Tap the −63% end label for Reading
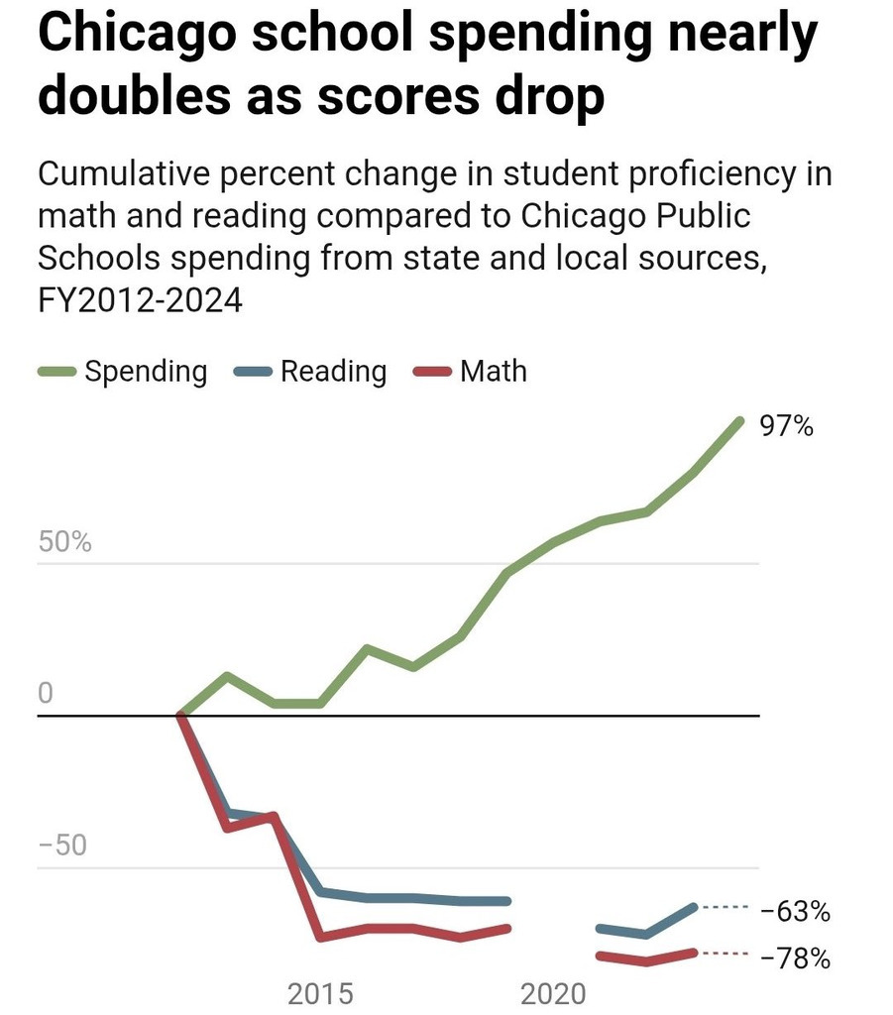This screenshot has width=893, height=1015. [x=795, y=911]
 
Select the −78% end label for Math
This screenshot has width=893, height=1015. [x=795, y=959]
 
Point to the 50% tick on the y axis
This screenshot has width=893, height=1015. [x=63, y=543]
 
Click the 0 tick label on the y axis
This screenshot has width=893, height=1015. [x=45, y=694]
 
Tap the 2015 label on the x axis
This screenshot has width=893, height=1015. [x=320, y=992]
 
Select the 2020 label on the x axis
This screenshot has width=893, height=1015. [x=553, y=992]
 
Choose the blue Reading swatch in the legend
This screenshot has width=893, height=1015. [x=253, y=372]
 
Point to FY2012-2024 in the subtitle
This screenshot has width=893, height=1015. [x=140, y=298]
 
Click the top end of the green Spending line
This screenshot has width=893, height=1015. [x=738, y=421]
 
